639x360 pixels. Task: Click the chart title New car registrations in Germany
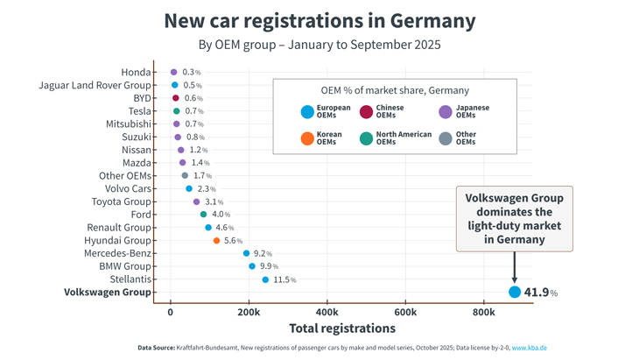(x=319, y=20)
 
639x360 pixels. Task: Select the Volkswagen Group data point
(x=515, y=293)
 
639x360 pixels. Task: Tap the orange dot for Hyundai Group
(x=216, y=241)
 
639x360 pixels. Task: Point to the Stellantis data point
(x=265, y=279)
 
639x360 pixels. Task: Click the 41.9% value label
(x=541, y=293)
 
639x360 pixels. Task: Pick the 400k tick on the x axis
(x=327, y=312)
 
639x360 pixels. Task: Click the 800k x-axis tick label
(x=483, y=312)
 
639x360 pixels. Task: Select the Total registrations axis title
(x=342, y=328)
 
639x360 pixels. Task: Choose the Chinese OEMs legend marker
(x=366, y=112)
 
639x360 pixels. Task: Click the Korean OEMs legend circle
(x=306, y=138)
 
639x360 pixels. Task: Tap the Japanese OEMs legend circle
(x=446, y=112)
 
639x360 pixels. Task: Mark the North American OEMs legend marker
(x=366, y=138)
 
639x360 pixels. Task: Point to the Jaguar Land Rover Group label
(x=95, y=85)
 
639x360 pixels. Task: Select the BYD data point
(x=175, y=98)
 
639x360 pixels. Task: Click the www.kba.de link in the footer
(x=530, y=348)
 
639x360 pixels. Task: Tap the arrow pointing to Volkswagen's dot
(x=515, y=267)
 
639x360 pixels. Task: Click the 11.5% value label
(x=284, y=280)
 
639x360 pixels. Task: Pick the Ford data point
(x=203, y=215)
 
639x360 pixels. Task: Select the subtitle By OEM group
(x=319, y=44)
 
